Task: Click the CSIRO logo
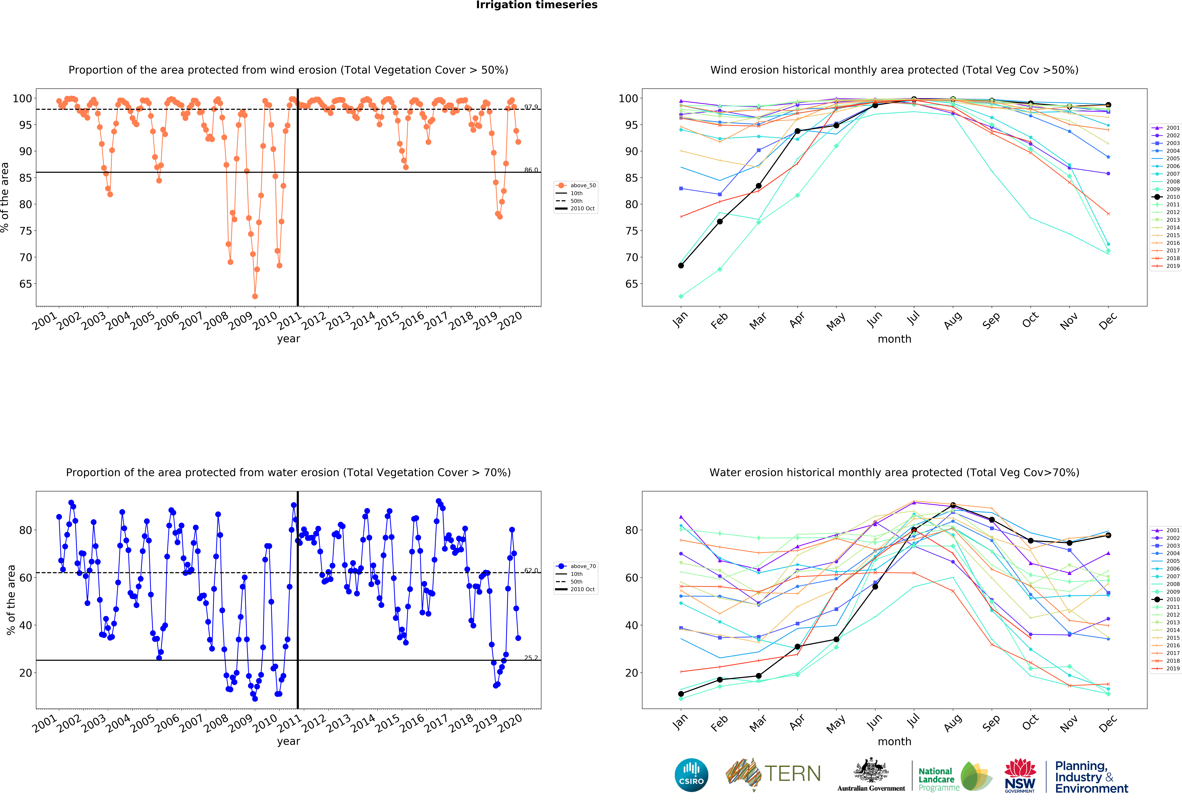click(x=691, y=775)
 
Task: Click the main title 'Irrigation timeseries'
click(x=537, y=5)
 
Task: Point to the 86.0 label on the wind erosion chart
click(x=531, y=170)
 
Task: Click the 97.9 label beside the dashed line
click(x=531, y=107)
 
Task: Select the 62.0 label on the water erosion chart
click(x=531, y=570)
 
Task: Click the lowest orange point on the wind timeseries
click(x=255, y=296)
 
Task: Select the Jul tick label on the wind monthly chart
click(x=914, y=318)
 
